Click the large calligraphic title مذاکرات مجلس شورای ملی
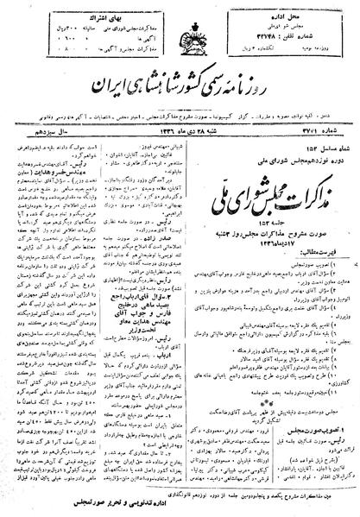click(289, 171)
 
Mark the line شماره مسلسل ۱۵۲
click(329, 129)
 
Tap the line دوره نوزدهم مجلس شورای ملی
click(290, 138)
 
